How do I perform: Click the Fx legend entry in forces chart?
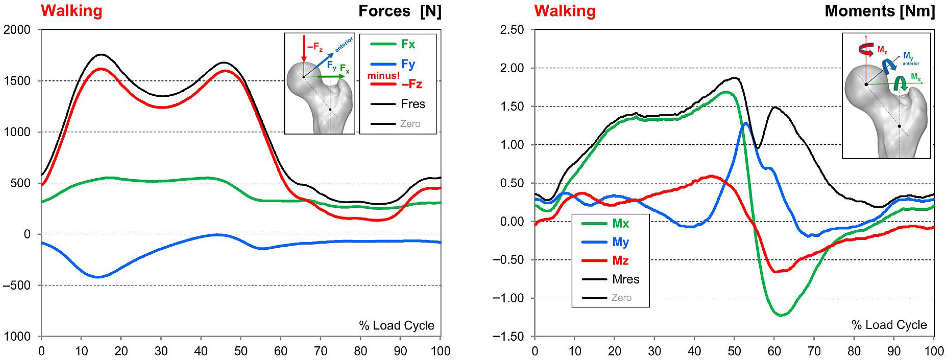click(407, 45)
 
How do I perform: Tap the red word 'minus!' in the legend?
click(384, 76)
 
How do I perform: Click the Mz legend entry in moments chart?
click(620, 261)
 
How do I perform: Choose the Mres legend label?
click(625, 280)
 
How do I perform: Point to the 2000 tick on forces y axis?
click(17, 30)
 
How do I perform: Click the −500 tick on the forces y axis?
click(17, 285)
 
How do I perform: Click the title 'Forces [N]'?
click(400, 11)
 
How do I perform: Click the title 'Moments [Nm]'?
click(879, 11)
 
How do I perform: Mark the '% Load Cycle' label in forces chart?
click(396, 325)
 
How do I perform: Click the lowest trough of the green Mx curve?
click(780, 315)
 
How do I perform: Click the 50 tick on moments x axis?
click(734, 351)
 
